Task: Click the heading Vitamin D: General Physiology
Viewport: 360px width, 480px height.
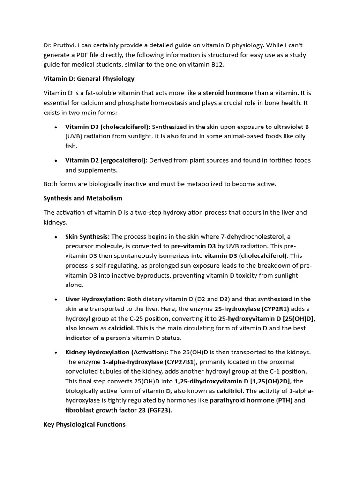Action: pos(89,79)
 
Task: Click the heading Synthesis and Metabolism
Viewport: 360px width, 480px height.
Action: pos(83,198)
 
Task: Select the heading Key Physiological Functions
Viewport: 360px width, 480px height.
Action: pos(84,424)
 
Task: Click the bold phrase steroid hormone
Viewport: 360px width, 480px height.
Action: pos(228,93)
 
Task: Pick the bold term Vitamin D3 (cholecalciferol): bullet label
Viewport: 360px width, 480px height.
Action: pos(108,127)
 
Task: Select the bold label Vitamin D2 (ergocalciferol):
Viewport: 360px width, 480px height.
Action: pos(106,160)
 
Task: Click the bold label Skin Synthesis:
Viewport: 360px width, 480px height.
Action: pos(88,236)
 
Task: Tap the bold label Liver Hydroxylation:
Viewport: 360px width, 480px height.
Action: pos(95,299)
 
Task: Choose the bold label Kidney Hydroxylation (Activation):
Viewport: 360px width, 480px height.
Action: pos(117,352)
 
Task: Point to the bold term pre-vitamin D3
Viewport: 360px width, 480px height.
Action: pos(193,246)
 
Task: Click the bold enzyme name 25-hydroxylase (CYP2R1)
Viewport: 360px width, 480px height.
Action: pos(252,309)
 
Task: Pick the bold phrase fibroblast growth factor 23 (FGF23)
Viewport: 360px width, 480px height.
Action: pos(119,410)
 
